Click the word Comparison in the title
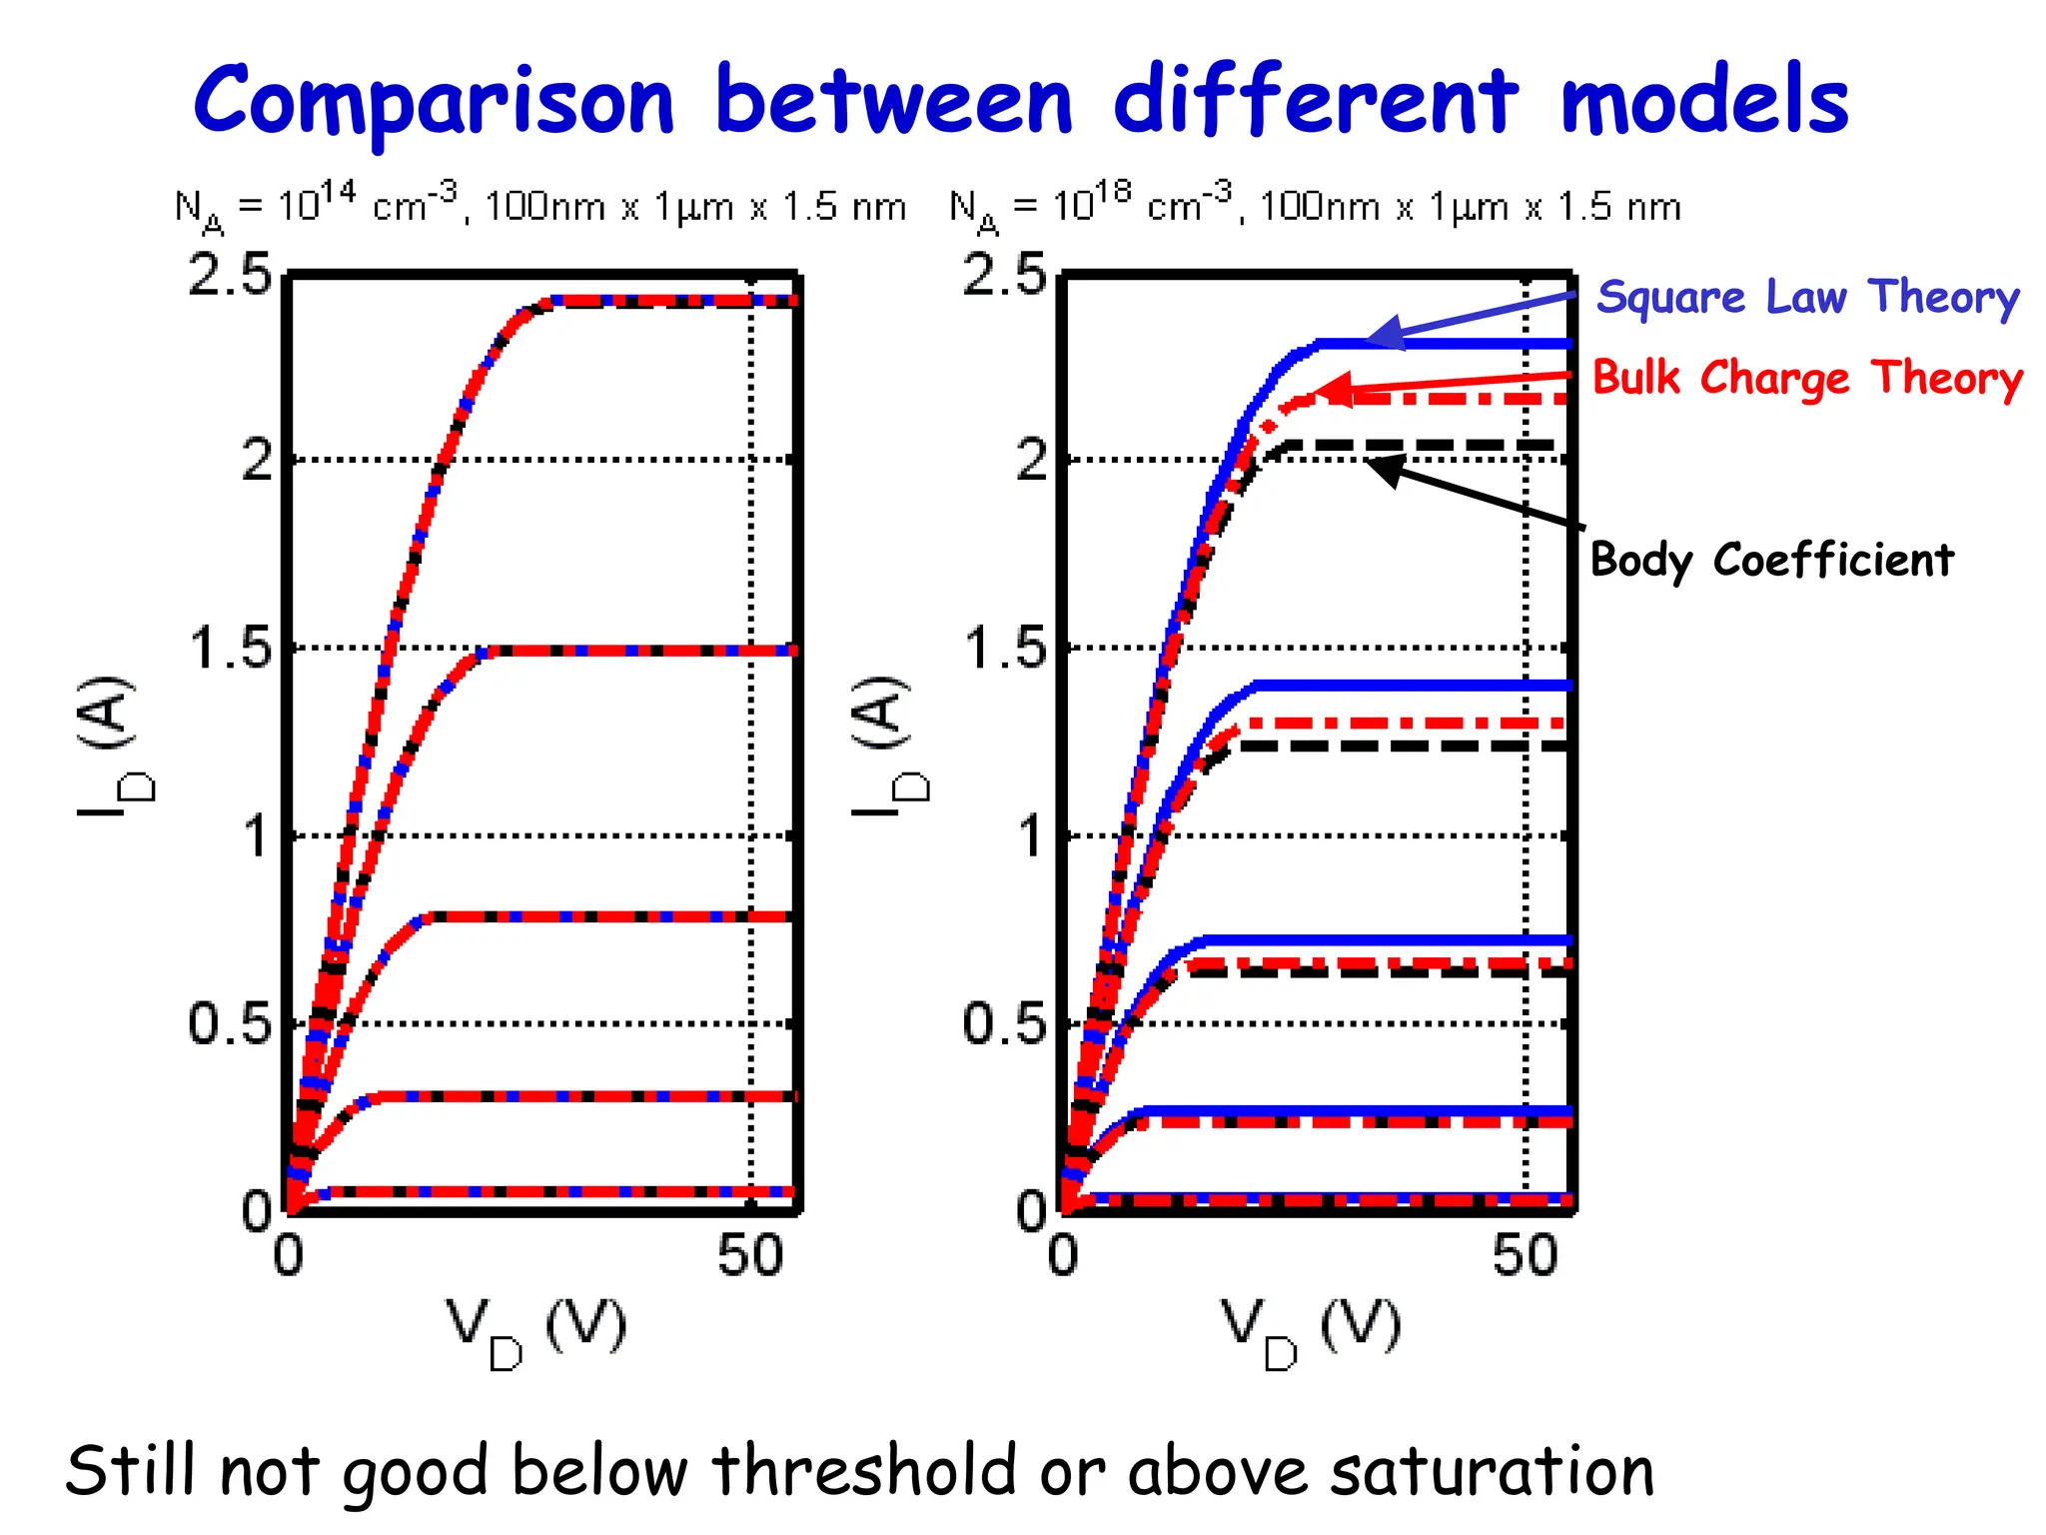(435, 100)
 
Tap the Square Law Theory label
(1807, 297)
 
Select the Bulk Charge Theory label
(1806, 378)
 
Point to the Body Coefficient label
(1770, 560)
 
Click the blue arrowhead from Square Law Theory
(1384, 334)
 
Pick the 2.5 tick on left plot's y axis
(230, 274)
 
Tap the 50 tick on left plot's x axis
(750, 1255)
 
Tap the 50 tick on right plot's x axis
(1525, 1255)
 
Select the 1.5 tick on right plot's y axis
(1004, 649)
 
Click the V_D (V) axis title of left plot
(536, 1329)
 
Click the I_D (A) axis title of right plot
(889, 745)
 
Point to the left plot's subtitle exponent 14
(338, 191)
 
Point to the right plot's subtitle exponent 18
(1112, 191)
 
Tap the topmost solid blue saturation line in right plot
(1449, 344)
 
